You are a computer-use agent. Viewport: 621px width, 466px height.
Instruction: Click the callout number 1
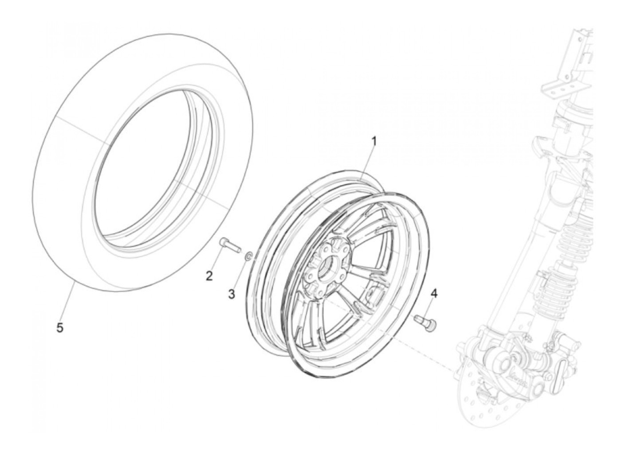point(373,142)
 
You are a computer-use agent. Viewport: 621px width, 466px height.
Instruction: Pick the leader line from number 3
point(240,275)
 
